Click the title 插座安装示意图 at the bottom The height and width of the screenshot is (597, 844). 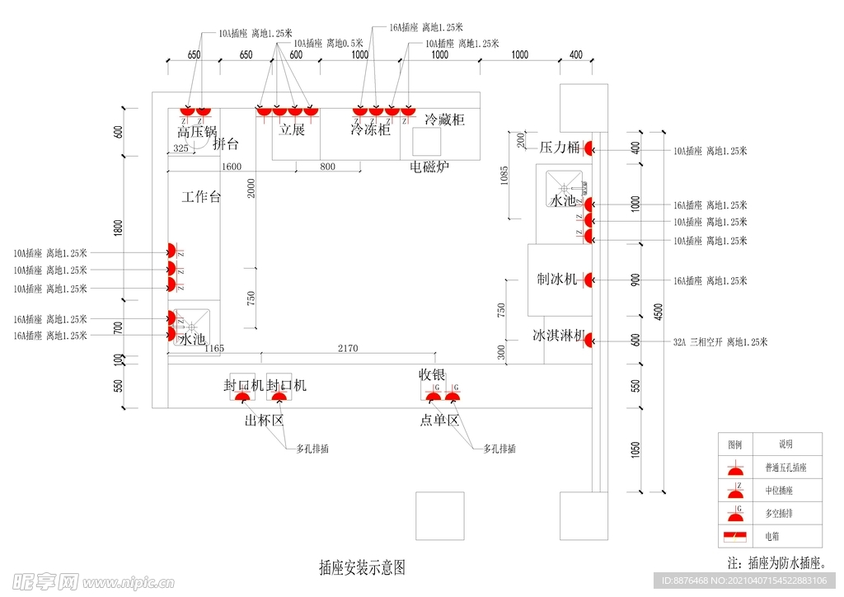[362, 567]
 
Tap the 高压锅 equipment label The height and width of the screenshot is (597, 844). [197, 131]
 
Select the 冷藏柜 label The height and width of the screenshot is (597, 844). [444, 120]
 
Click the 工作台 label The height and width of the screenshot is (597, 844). [201, 197]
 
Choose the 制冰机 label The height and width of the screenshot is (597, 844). [557, 280]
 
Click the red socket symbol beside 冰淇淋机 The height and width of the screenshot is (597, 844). [589, 339]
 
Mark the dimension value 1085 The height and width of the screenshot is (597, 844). [504, 176]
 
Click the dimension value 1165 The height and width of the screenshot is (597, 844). [213, 349]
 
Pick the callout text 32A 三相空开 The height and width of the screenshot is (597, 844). [720, 342]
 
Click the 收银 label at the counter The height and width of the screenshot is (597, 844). [432, 374]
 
